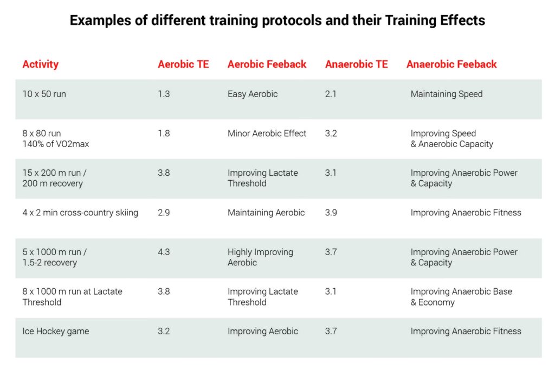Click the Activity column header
(40, 65)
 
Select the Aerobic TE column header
(183, 65)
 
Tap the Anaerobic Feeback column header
(451, 65)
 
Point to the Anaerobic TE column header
(357, 65)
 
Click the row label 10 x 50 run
(44, 94)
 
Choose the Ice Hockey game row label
(55, 332)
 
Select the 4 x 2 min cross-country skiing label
(80, 213)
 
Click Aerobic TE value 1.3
(164, 94)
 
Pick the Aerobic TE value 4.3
(164, 252)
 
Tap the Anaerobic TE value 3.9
(331, 213)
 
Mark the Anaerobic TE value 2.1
(331, 94)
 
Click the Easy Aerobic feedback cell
(253, 94)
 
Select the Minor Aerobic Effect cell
(267, 134)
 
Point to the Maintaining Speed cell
(447, 94)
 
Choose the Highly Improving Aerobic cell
(260, 257)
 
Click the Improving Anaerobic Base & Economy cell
(461, 297)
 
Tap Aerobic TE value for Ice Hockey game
(164, 332)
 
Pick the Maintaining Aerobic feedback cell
(266, 213)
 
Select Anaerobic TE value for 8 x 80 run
(331, 134)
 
